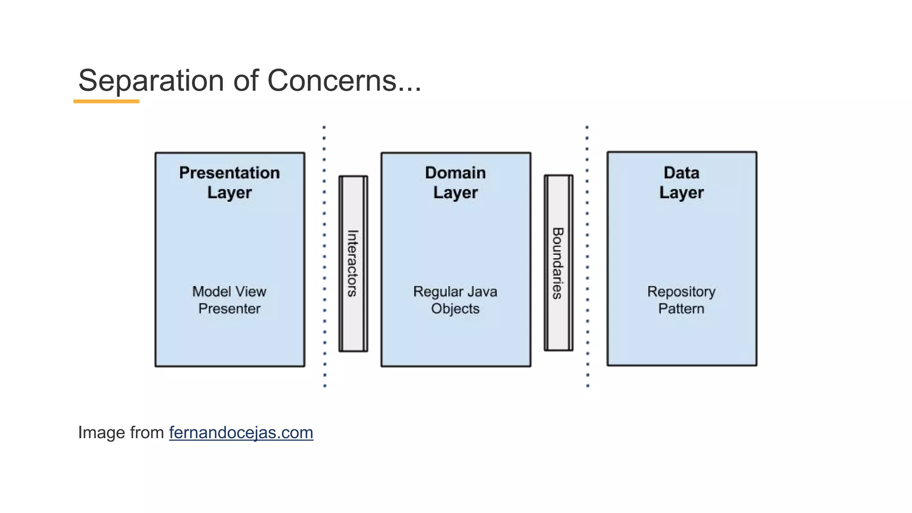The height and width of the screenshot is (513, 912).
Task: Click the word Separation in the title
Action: coord(151,81)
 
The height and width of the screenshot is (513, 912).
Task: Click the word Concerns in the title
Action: coord(332,81)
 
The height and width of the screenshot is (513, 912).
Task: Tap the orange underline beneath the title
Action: coord(106,102)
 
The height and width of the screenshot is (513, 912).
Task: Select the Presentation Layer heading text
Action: coord(230,183)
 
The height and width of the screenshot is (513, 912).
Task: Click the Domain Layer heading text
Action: coord(456,183)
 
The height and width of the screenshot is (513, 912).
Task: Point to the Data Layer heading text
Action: coord(681,183)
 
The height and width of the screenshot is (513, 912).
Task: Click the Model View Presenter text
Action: coord(229,300)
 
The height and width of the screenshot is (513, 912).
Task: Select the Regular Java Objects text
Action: coord(455,300)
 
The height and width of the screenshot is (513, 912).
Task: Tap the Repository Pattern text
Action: coord(681,300)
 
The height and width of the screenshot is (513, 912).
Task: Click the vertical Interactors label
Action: coord(353,263)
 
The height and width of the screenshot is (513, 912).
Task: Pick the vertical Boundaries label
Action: coord(558,263)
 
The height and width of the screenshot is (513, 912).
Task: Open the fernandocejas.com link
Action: coord(241,433)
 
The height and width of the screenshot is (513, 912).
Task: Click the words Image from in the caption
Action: coord(121,433)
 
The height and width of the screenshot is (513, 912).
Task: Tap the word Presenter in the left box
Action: coord(229,309)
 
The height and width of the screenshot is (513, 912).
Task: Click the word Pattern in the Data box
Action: coord(681,309)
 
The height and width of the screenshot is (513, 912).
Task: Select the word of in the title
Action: coord(246,81)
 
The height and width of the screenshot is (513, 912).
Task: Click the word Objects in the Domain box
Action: coord(455,309)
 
